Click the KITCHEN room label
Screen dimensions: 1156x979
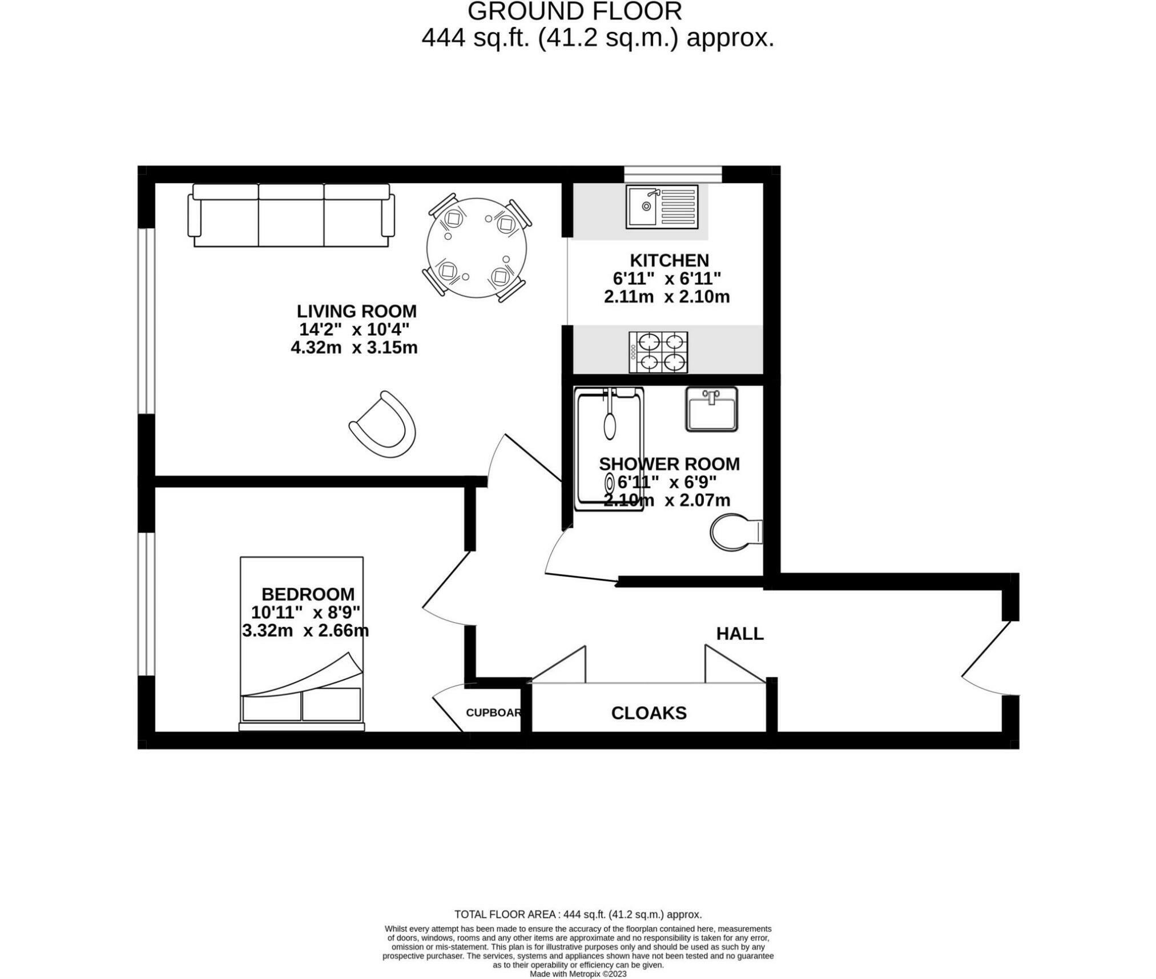click(x=669, y=260)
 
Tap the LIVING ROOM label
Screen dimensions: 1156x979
click(x=357, y=311)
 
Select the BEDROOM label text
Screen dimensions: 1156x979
click(x=308, y=594)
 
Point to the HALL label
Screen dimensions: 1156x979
click(x=740, y=634)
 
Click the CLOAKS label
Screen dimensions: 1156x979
click(x=649, y=713)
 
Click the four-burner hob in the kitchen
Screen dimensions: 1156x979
click(x=658, y=352)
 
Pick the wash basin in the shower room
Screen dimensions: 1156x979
click(x=711, y=409)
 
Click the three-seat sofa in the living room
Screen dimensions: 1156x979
click(x=291, y=215)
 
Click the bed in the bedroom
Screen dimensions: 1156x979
click(x=301, y=644)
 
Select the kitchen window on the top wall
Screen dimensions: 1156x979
click(x=673, y=174)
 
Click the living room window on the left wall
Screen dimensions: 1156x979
click(x=147, y=321)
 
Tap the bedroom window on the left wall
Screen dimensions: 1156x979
click(x=147, y=604)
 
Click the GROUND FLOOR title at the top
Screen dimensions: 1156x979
click(x=575, y=11)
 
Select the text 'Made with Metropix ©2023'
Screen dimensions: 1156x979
click(x=578, y=974)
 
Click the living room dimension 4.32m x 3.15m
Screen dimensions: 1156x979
click(x=354, y=348)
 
